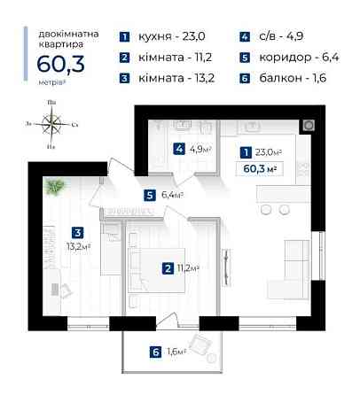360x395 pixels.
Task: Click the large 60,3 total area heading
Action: click(x=61, y=64)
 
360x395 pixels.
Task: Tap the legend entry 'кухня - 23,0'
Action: click(x=172, y=36)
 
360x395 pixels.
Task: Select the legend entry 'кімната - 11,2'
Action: click(x=176, y=58)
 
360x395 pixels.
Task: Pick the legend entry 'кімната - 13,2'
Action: click(x=176, y=78)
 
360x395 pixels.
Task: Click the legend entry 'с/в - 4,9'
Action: click(x=281, y=36)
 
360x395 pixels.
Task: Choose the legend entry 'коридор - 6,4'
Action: click(x=299, y=58)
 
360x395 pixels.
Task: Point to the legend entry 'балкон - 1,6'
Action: click(x=293, y=78)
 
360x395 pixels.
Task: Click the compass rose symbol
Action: click(x=51, y=124)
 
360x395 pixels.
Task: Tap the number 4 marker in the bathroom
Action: click(x=179, y=149)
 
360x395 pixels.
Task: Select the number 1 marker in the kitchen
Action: click(x=247, y=152)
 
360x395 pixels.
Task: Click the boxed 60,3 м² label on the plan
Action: click(x=260, y=169)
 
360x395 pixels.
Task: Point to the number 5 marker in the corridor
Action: click(x=150, y=196)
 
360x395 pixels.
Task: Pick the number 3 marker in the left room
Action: click(x=78, y=233)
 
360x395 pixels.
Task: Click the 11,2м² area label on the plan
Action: click(x=188, y=268)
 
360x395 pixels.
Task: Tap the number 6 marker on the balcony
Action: click(x=156, y=352)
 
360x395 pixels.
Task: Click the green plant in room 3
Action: click(x=54, y=186)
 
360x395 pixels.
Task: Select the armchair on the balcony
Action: click(x=200, y=344)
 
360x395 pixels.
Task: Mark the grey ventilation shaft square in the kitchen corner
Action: click(x=309, y=125)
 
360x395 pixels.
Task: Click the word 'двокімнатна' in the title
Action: click(x=68, y=35)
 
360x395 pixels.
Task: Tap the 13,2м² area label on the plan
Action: click(x=78, y=246)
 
